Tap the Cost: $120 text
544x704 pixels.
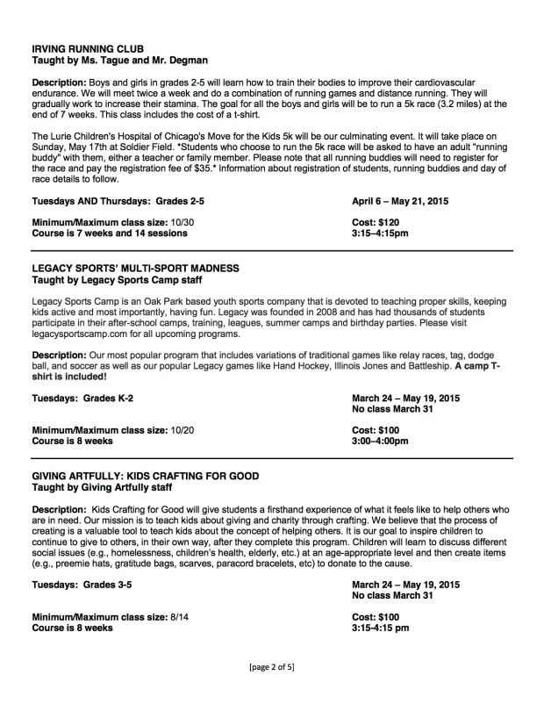(x=379, y=222)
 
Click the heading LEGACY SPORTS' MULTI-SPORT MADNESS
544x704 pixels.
(x=133, y=267)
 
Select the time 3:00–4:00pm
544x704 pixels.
(x=381, y=442)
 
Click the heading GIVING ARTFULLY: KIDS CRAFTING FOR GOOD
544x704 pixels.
(x=145, y=476)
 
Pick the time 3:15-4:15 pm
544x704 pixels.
(x=382, y=629)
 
